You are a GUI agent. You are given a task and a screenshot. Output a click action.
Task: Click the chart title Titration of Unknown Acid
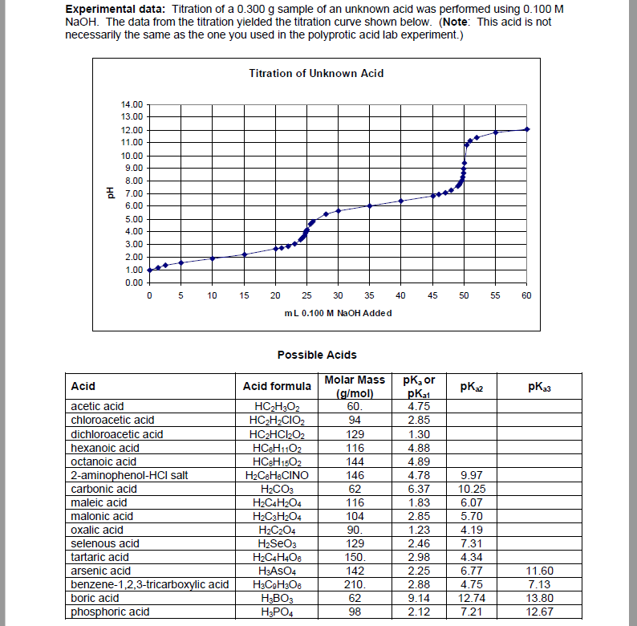pos(316,73)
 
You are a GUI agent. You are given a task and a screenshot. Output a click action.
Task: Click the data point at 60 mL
pos(526,128)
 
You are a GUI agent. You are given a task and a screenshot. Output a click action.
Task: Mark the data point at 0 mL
pos(150,270)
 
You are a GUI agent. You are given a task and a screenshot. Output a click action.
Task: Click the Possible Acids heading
pos(317,355)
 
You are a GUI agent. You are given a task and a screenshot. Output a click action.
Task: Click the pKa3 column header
pos(540,386)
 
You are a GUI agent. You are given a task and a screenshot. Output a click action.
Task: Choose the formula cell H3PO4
pos(277,612)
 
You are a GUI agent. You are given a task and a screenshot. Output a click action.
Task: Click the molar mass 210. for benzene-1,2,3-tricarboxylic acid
pos(352,584)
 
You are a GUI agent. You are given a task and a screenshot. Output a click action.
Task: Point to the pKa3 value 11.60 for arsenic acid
pos(540,571)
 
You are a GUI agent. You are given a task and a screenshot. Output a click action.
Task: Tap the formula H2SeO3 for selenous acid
pos(277,543)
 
